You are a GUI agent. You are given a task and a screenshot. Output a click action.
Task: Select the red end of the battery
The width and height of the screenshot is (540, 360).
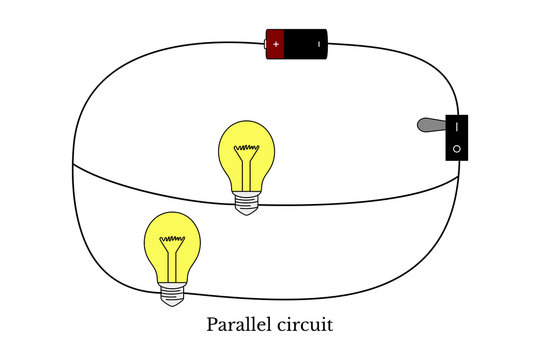274,45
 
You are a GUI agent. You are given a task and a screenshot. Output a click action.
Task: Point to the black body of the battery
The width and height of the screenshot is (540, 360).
306,45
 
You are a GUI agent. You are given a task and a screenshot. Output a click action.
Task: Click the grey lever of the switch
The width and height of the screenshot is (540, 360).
428,126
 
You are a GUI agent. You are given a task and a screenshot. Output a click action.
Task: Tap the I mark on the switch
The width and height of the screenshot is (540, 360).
456,127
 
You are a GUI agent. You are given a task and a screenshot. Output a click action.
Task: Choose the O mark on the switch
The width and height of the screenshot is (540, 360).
456,148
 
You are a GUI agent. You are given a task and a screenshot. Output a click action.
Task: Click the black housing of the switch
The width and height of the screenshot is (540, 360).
456,138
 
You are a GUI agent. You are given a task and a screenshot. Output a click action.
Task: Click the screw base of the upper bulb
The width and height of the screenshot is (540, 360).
247,200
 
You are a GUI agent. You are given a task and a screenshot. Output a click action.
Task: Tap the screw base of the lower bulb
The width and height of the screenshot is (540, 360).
174,291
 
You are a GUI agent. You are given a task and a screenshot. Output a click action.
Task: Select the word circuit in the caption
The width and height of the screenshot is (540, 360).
306,325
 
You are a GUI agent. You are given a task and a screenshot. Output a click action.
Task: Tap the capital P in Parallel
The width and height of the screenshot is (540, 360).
212,325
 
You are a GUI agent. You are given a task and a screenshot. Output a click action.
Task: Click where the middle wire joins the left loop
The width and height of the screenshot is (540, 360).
76,164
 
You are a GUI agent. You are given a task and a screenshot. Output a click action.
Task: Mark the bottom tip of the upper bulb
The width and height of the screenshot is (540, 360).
247,211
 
